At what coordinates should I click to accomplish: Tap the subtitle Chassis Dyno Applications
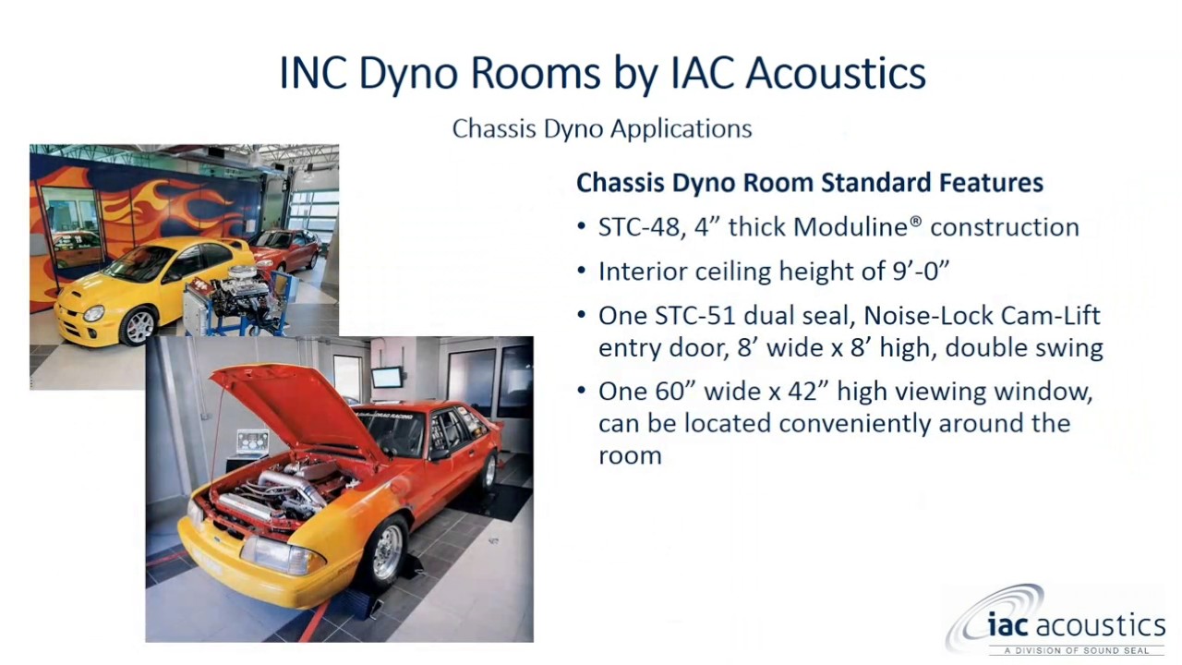click(602, 128)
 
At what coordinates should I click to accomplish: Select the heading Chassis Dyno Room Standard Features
click(809, 183)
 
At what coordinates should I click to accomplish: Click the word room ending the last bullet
click(630, 455)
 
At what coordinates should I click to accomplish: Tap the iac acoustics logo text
click(1076, 625)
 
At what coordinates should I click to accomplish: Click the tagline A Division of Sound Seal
click(1077, 650)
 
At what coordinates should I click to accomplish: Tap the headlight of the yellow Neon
click(94, 314)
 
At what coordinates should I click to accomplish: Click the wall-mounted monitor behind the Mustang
click(387, 377)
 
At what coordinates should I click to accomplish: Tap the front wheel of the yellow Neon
click(139, 325)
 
